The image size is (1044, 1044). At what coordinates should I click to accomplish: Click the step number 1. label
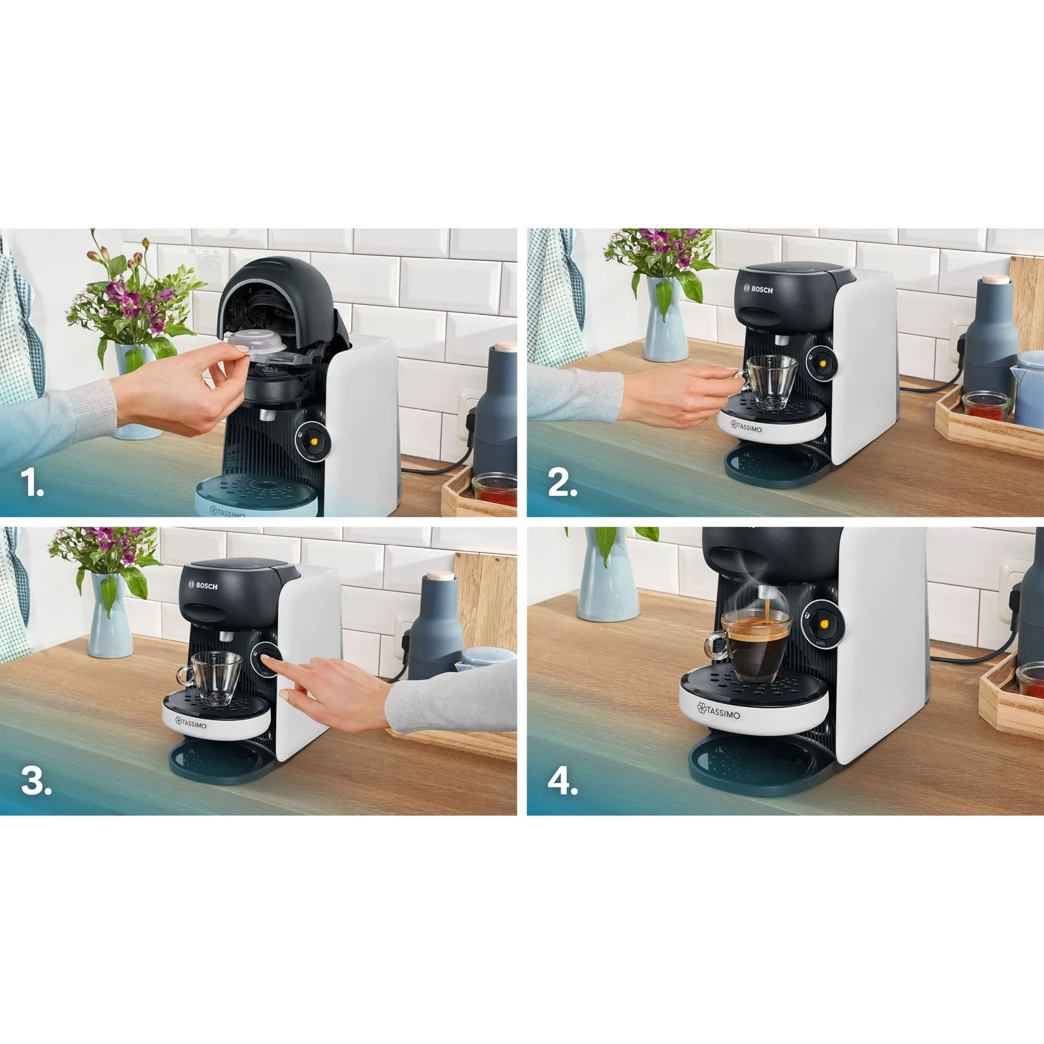pos(31,484)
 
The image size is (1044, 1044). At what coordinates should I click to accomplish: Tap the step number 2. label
pos(562,484)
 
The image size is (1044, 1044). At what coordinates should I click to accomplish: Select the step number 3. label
pos(36,781)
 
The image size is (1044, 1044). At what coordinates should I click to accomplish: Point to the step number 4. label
pos(562,781)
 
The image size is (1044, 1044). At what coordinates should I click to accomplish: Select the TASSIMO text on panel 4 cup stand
pos(719,711)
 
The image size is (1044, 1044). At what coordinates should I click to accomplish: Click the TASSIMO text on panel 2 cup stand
pos(746,427)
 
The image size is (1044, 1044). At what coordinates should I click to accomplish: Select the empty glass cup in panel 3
pos(213,677)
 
